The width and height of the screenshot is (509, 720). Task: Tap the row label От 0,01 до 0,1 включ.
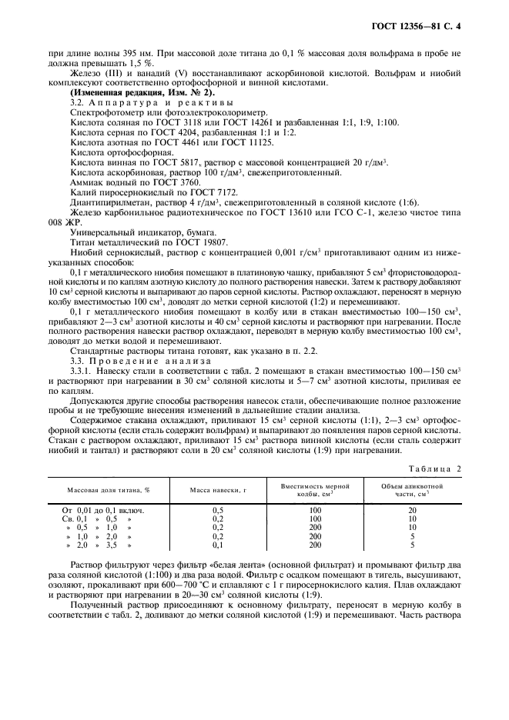[x=104, y=510]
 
